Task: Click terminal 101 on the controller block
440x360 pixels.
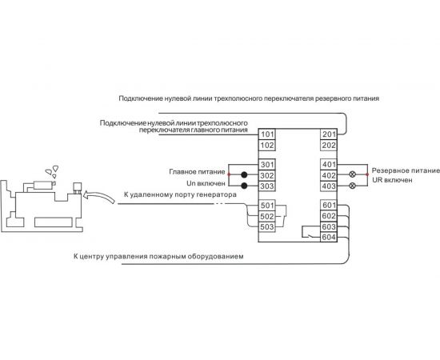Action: point(267,134)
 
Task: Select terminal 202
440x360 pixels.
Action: point(327,146)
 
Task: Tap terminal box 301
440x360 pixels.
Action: point(267,166)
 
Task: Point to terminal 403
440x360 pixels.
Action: point(327,186)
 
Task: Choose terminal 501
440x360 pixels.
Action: point(267,206)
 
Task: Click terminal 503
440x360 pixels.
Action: point(267,226)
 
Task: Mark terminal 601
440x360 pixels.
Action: point(327,206)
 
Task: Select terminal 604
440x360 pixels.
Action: point(327,237)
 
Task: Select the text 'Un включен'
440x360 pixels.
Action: point(205,183)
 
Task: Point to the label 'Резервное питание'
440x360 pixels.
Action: point(403,171)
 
